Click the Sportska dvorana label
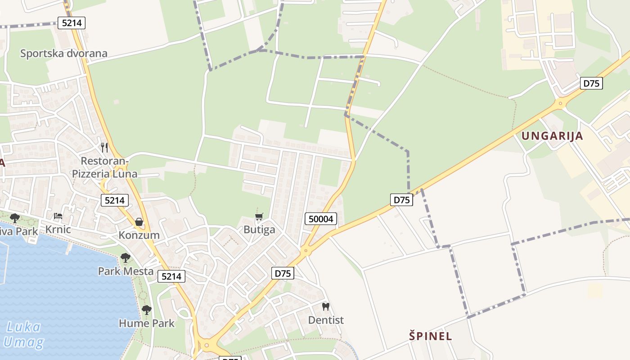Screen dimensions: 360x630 click(64, 54)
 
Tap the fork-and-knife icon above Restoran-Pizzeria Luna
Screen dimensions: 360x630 click(104, 147)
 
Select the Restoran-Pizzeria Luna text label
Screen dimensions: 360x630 click(105, 167)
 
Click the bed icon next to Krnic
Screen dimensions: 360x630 click(58, 216)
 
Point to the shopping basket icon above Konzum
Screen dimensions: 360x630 click(139, 222)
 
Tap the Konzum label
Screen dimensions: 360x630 click(139, 235)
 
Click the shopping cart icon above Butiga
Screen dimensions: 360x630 click(259, 217)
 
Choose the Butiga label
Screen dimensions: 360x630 click(259, 229)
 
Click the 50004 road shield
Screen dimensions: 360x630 click(321, 219)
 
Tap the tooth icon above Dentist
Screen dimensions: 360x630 click(326, 307)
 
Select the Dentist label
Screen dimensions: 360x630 click(326, 320)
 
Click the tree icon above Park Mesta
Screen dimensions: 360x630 click(126, 258)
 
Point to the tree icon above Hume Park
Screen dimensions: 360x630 click(146, 310)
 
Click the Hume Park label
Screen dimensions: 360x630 click(147, 323)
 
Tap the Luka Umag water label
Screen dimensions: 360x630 click(24, 334)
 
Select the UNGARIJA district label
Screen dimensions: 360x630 click(552, 136)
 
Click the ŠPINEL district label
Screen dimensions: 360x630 click(431, 336)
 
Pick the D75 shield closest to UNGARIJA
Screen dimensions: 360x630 click(591, 83)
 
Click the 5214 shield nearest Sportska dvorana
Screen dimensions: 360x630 click(72, 23)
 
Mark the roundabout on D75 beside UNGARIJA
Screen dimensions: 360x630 click(560, 103)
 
